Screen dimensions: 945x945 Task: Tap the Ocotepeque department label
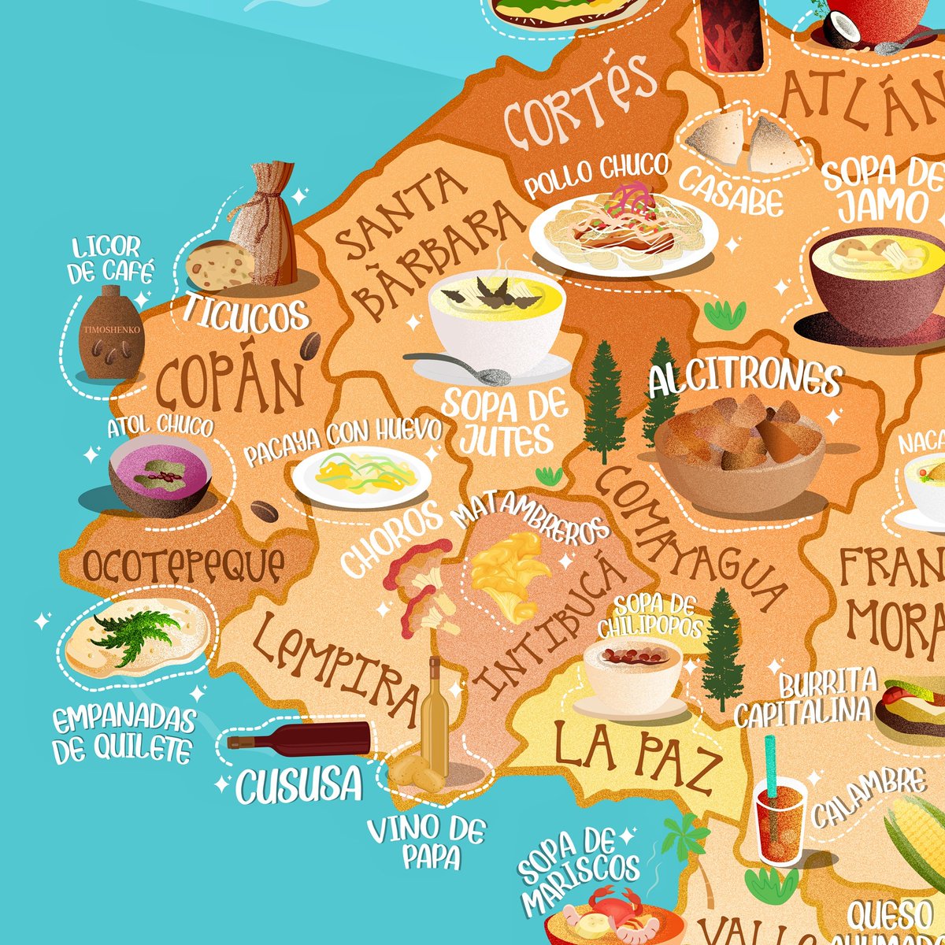click(183, 566)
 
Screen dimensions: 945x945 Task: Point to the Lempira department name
click(339, 669)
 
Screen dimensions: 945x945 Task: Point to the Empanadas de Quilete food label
click(124, 734)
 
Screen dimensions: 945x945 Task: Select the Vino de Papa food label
click(427, 842)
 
